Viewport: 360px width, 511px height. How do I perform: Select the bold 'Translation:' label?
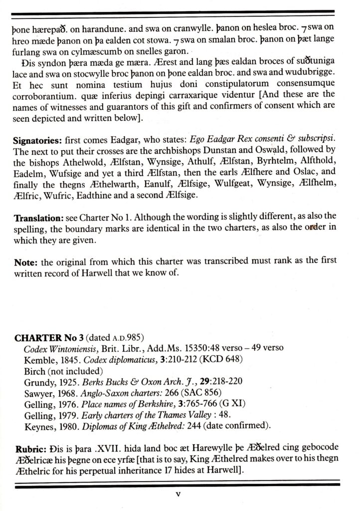(36, 218)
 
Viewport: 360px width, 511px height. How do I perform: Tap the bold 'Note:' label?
(25, 260)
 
